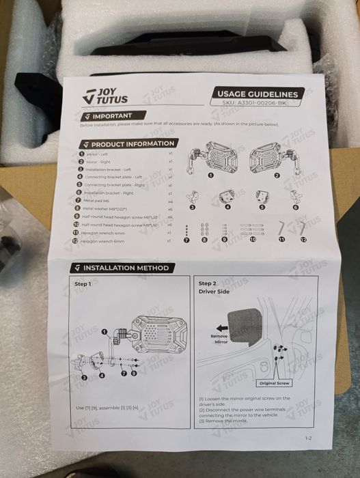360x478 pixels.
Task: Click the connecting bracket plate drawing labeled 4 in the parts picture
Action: pos(225,198)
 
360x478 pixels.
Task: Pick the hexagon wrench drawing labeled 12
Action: pos(302,230)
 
